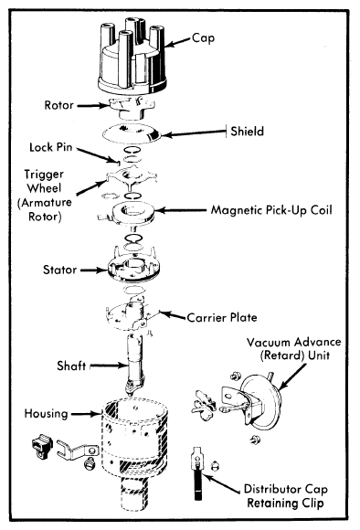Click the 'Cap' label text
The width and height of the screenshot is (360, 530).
pyautogui.click(x=203, y=37)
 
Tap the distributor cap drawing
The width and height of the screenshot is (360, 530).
pyautogui.click(x=132, y=58)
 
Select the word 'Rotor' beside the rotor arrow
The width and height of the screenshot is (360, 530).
pyautogui.click(x=58, y=105)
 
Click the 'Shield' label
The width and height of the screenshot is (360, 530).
pyautogui.click(x=247, y=132)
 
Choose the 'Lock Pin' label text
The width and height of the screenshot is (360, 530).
pyautogui.click(x=51, y=147)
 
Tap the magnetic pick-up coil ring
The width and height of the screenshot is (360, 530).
pyautogui.click(x=130, y=213)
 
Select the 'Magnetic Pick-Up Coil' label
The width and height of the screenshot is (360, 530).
pyautogui.click(x=271, y=210)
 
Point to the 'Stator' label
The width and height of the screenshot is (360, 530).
pyautogui.click(x=59, y=270)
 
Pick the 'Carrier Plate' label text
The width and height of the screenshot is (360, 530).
pyautogui.click(x=222, y=317)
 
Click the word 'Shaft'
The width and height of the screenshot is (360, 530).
pyautogui.click(x=71, y=366)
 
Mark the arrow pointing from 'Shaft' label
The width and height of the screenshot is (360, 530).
pyautogui.click(x=109, y=366)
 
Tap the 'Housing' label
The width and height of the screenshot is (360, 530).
pyautogui.click(x=47, y=414)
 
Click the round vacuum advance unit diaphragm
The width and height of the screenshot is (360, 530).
pyautogui.click(x=261, y=402)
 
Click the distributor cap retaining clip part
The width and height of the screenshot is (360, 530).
pyautogui.click(x=197, y=472)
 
